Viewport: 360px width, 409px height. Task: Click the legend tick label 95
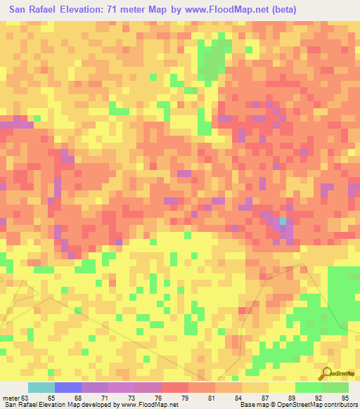coord(345,398)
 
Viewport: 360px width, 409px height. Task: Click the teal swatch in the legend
coord(41,387)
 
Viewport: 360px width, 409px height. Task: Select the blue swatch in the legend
coord(68,387)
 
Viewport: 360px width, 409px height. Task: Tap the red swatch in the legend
coord(175,387)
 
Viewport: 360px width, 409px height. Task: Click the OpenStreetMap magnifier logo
coord(328,373)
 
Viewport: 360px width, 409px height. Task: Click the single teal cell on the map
coord(283,221)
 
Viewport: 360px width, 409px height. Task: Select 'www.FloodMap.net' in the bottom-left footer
coord(150,405)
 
